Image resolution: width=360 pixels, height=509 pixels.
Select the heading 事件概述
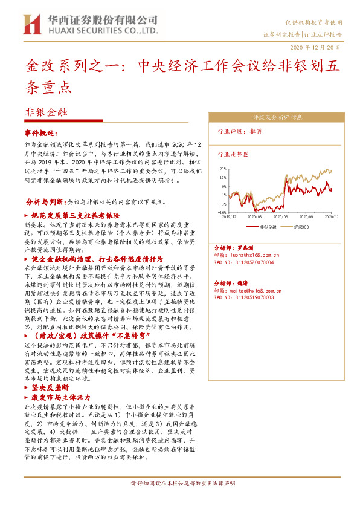coord(41,132)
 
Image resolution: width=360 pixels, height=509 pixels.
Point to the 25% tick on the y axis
coord(223,169)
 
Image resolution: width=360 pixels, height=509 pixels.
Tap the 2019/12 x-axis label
coord(230,215)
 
